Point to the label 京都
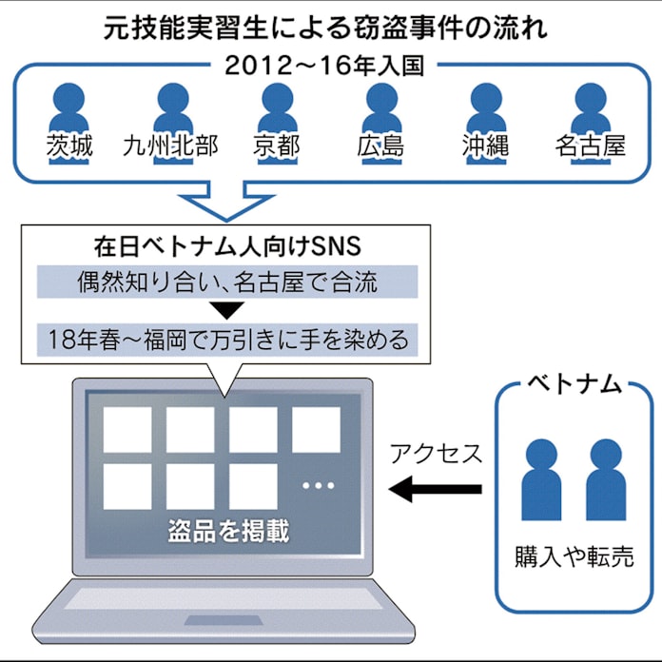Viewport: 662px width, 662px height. pos(276,146)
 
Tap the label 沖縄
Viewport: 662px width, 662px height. pos(485,146)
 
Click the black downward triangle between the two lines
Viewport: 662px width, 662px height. pos(224,309)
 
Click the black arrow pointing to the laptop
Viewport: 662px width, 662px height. pos(437,491)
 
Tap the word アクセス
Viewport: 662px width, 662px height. pos(437,454)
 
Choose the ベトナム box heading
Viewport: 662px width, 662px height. pos(574,385)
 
